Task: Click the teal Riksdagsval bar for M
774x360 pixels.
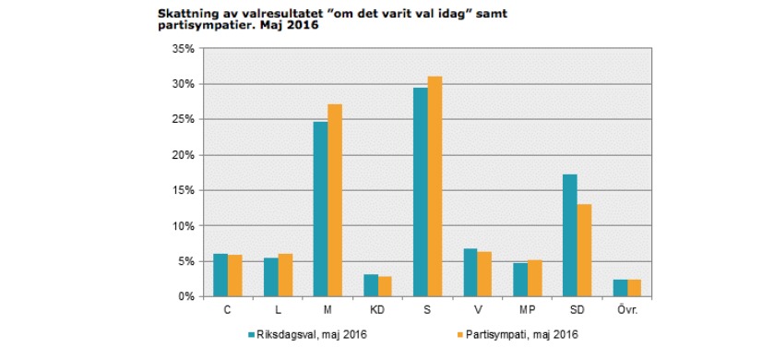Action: coord(320,209)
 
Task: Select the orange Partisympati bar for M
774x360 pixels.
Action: coord(334,200)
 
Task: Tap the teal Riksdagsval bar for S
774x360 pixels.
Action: coord(420,192)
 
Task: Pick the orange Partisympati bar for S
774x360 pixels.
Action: coord(435,186)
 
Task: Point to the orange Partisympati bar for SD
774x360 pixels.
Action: coord(584,250)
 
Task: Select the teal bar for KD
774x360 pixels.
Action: coord(370,285)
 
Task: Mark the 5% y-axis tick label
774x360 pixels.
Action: coord(185,261)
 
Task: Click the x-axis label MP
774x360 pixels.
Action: coord(527,310)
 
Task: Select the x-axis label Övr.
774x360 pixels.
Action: coord(626,310)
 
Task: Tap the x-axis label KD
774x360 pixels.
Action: coord(377,310)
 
